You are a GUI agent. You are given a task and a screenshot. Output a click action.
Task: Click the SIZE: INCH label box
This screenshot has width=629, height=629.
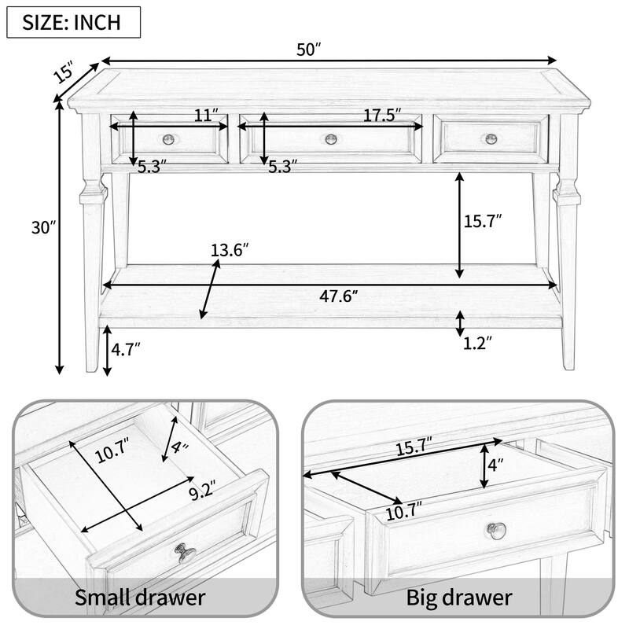73,22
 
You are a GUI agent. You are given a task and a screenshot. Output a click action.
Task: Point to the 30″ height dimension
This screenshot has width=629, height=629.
39,229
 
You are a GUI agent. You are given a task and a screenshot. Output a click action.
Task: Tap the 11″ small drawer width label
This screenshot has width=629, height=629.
207,116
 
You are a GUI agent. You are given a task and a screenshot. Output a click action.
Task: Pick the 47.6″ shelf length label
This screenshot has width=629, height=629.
339,296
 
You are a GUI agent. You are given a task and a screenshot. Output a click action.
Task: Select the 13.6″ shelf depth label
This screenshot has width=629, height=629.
230,251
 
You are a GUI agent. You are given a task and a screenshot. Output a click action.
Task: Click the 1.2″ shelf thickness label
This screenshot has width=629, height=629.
477,343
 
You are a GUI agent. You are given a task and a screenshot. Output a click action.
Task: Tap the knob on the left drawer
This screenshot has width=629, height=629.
169,140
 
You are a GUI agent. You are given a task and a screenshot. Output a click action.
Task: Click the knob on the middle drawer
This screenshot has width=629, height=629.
331,140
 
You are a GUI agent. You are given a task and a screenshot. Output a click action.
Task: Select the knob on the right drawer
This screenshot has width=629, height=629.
491,138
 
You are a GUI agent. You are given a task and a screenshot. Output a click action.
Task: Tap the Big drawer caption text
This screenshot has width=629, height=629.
459,597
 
